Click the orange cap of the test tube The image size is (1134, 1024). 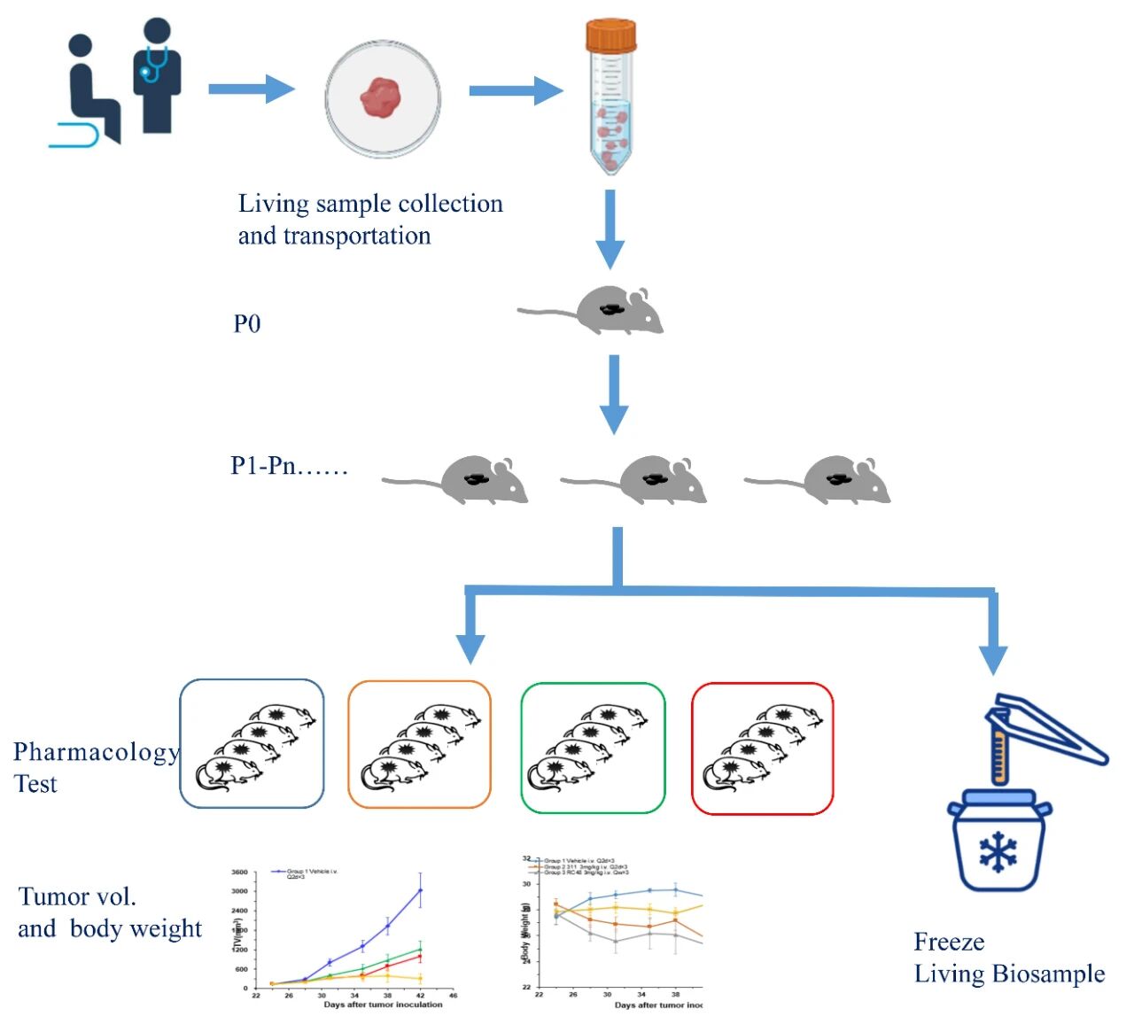coord(610,36)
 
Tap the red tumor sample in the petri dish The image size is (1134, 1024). coord(381,97)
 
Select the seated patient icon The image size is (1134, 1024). coord(89,89)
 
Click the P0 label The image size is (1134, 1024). coord(247,324)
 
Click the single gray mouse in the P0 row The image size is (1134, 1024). coord(611,310)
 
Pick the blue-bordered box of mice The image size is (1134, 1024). coord(252,744)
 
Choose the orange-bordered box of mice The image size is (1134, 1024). coord(419,744)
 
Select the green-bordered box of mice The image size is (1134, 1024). coord(593,748)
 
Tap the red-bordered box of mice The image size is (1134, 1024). coord(762,748)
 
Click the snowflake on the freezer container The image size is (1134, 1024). coord(998,852)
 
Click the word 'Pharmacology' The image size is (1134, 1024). coord(96,752)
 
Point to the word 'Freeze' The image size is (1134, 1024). coord(949,942)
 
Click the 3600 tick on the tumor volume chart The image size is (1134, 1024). coord(239,873)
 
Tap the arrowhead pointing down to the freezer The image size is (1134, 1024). coord(993,660)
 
